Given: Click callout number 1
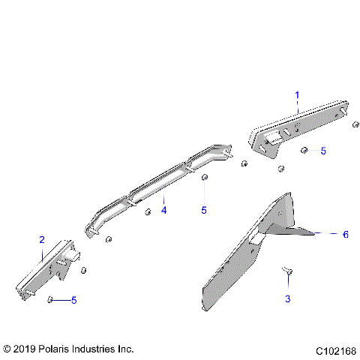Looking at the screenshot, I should (x=297, y=95).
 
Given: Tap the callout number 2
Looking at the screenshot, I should (x=42, y=240).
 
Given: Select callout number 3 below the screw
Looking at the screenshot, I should (x=288, y=299).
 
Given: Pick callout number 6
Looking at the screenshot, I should (x=346, y=234).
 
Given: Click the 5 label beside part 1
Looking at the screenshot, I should (x=323, y=151).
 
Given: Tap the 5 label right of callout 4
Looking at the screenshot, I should (x=203, y=211).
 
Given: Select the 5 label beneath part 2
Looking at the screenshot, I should (x=73, y=301).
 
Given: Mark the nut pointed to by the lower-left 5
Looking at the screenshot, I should (x=49, y=299).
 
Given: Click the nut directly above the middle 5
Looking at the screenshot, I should (x=204, y=177).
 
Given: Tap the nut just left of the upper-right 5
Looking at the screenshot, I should (x=304, y=151).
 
